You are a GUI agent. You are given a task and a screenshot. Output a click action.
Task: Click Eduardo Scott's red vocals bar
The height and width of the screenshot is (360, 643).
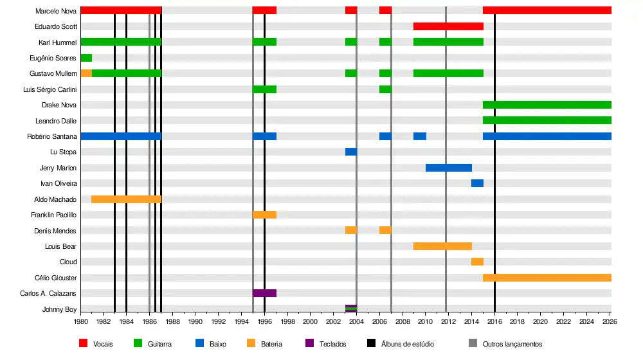click(448, 26)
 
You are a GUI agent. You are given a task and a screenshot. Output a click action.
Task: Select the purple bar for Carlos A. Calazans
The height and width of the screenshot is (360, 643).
click(264, 293)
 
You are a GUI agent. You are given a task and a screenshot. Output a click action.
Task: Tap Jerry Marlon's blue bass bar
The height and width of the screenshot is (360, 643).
click(449, 168)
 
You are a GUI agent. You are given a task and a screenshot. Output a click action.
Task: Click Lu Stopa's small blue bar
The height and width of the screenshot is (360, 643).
click(351, 152)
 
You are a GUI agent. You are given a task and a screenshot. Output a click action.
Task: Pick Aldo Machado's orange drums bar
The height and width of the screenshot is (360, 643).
click(126, 199)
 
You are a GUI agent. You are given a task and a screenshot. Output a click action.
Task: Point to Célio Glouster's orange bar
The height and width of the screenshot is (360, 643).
click(547, 278)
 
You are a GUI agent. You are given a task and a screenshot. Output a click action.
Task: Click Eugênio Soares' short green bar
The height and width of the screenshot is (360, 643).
click(86, 58)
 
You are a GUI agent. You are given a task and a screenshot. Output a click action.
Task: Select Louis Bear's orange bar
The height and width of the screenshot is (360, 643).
click(442, 246)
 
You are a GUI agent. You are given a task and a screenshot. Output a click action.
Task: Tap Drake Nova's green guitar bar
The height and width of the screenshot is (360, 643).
click(547, 105)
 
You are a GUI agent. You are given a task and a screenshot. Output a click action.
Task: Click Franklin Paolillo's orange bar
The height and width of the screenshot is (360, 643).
click(264, 215)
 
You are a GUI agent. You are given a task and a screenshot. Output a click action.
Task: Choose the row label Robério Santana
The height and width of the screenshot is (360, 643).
click(52, 136)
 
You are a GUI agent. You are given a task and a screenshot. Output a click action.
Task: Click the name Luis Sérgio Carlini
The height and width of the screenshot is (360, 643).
click(50, 89)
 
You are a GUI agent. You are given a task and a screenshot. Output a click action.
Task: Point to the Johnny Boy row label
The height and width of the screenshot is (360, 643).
click(60, 309)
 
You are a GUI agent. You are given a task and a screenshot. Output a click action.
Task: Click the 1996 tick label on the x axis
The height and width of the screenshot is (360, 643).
click(264, 321)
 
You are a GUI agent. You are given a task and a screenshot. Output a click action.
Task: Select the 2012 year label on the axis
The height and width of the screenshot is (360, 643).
click(448, 321)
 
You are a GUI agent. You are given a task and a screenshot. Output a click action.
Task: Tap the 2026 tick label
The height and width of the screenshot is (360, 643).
click(610, 321)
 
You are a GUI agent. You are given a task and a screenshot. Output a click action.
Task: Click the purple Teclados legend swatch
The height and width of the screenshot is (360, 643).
click(309, 343)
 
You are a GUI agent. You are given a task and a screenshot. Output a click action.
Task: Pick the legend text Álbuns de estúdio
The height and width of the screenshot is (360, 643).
click(408, 344)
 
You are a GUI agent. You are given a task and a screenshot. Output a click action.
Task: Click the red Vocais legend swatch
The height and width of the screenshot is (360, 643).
click(83, 343)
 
